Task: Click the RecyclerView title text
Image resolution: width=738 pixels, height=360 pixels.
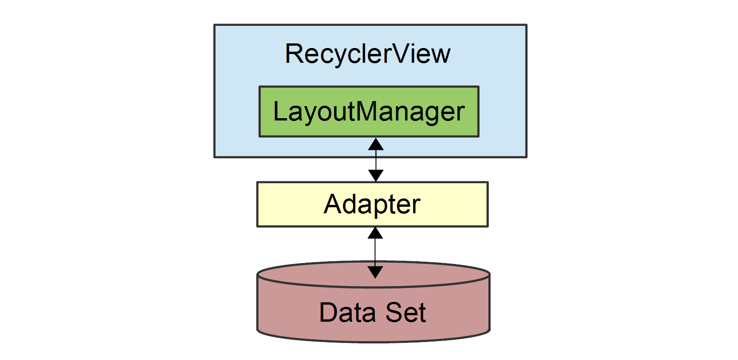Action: click(x=367, y=54)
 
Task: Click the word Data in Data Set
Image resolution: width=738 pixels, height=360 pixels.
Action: click(x=348, y=312)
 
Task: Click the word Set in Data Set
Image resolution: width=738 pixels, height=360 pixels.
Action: click(x=406, y=312)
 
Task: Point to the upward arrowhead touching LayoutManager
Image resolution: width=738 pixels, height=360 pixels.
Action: click(x=376, y=144)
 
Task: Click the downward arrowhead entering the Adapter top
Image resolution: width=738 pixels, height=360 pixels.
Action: click(x=376, y=175)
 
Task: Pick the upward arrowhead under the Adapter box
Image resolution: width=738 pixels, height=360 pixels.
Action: click(x=375, y=233)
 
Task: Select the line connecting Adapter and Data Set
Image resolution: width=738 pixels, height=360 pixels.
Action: click(x=375, y=252)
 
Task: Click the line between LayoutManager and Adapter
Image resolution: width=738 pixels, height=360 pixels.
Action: click(x=376, y=160)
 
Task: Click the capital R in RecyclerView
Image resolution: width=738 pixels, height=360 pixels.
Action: click(x=294, y=54)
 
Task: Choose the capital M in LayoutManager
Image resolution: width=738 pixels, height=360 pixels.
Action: click(x=368, y=112)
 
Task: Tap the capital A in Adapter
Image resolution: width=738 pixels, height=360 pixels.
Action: click(x=333, y=204)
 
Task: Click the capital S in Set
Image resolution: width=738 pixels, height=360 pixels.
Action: click(x=394, y=312)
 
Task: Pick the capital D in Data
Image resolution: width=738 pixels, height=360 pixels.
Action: click(x=329, y=312)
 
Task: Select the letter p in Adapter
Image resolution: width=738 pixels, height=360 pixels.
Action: click(x=376, y=206)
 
